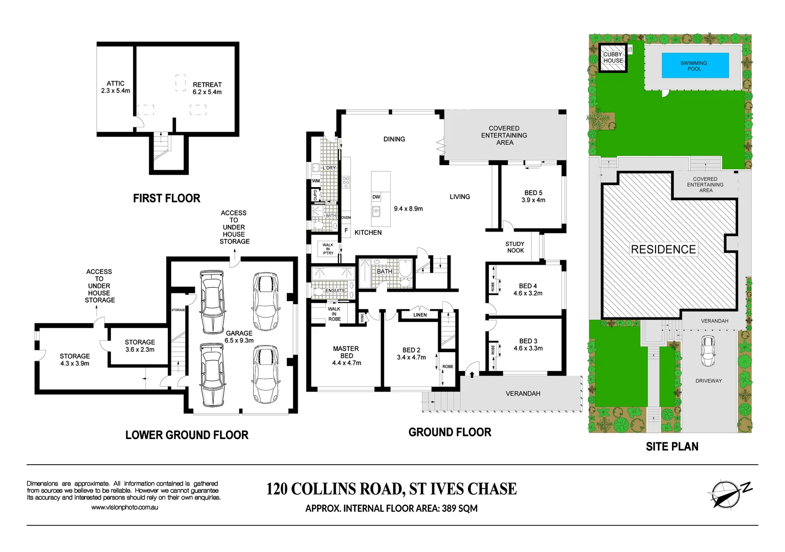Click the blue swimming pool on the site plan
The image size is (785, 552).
pos(695,65)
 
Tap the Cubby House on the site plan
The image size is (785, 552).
pos(613,58)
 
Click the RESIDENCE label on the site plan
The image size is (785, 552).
pos(663,249)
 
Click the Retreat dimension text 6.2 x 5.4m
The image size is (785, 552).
pos(207,92)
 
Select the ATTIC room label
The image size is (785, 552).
pos(116,83)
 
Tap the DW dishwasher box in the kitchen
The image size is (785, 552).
pos(376,197)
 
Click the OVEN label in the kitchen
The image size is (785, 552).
pos(346,218)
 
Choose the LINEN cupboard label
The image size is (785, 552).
pos(420,315)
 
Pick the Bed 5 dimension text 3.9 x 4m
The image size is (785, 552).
pos(533,200)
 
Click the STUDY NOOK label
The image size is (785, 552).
pos(515,247)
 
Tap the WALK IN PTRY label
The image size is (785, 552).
pos(328,249)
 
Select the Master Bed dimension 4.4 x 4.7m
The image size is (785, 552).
pos(347,363)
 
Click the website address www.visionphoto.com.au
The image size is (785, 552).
pos(124,508)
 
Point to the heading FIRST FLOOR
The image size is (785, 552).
pos(167,198)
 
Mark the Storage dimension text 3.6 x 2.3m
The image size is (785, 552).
pos(140,350)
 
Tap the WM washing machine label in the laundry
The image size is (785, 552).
pos(316,181)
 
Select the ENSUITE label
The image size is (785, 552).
pos(335,290)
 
